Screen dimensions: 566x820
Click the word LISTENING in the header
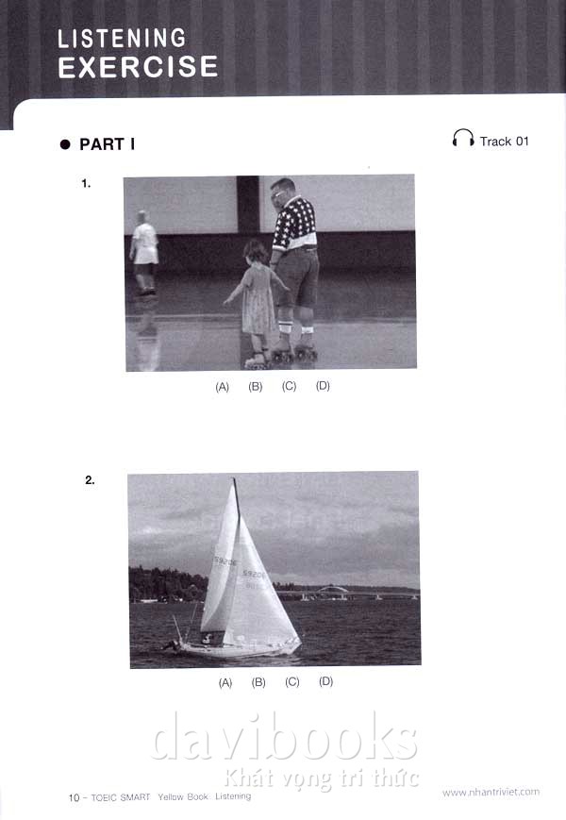pyautogui.click(x=122, y=38)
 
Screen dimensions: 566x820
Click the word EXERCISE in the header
pyautogui.click(x=138, y=67)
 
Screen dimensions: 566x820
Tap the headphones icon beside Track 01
pyautogui.click(x=463, y=139)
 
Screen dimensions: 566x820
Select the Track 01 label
pyautogui.click(x=505, y=142)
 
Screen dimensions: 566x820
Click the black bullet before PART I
pyautogui.click(x=65, y=144)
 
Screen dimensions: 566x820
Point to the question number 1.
pyautogui.click(x=86, y=184)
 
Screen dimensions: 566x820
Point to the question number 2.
pyautogui.click(x=90, y=480)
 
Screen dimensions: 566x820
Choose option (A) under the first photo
pyautogui.click(x=222, y=387)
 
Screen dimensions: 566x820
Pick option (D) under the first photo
pyautogui.click(x=323, y=386)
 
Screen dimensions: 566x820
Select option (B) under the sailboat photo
pyautogui.click(x=258, y=682)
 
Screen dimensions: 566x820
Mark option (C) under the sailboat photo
pyautogui.click(x=292, y=682)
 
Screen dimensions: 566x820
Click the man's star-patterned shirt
pyautogui.click(x=294, y=224)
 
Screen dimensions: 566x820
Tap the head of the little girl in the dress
pyautogui.click(x=256, y=252)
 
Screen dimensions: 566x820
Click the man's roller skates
pyautogui.click(x=294, y=351)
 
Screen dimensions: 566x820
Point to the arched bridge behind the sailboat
pyautogui.click(x=332, y=591)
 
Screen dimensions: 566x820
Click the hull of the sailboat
pyautogui.click(x=238, y=648)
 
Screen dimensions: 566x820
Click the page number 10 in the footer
pyautogui.click(x=74, y=797)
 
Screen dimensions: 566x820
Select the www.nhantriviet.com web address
pyautogui.click(x=491, y=793)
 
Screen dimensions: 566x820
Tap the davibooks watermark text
pyautogui.click(x=284, y=736)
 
